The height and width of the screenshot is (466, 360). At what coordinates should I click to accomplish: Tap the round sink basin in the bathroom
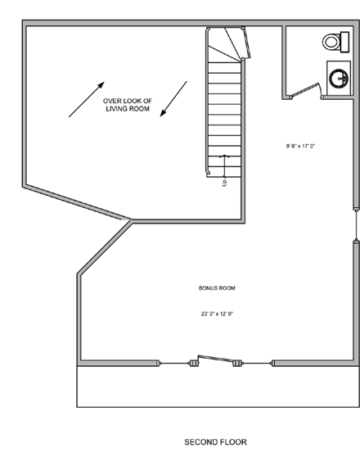pyautogui.click(x=339, y=79)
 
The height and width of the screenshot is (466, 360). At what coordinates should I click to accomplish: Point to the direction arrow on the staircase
pyautogui.click(x=227, y=165)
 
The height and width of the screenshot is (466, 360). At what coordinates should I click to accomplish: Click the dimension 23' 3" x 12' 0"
pyautogui.click(x=217, y=313)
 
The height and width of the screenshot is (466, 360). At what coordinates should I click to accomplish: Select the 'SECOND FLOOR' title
pyautogui.click(x=215, y=442)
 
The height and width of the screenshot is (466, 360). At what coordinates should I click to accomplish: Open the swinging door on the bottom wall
pyautogui.click(x=217, y=360)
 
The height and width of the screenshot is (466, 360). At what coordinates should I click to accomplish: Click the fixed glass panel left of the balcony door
pyautogui.click(x=174, y=362)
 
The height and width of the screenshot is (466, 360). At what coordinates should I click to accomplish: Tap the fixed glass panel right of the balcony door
pyautogui.click(x=257, y=363)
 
